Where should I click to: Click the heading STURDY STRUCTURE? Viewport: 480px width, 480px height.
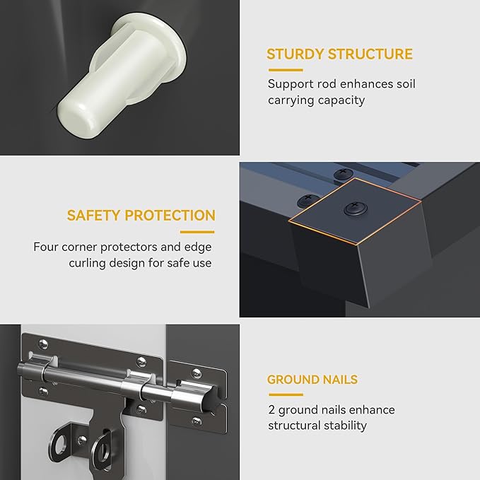(339, 54)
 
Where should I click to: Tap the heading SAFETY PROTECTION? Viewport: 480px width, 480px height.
(141, 215)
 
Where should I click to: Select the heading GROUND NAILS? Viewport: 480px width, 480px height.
(312, 380)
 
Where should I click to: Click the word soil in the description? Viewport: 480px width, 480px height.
(406, 84)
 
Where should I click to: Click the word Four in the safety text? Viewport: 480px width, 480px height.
(46, 247)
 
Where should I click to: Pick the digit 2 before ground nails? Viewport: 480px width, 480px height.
(271, 409)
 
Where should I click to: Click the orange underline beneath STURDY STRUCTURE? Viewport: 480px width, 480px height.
(286, 70)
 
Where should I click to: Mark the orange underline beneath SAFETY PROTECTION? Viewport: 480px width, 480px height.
(197, 232)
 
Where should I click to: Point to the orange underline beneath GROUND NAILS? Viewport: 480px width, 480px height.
(286, 394)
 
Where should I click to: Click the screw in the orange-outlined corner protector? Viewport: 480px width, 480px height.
(355, 209)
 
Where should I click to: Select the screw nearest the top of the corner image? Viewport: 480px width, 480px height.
(343, 174)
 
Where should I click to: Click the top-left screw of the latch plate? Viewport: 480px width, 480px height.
(43, 344)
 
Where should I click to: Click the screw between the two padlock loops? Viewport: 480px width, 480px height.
(82, 440)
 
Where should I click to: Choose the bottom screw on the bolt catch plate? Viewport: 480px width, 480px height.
(197, 421)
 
